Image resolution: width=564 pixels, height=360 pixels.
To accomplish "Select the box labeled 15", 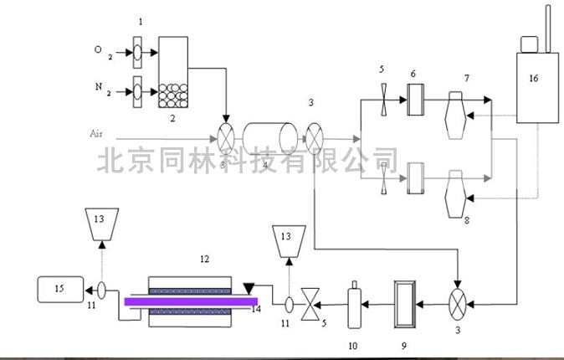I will coord(59,291).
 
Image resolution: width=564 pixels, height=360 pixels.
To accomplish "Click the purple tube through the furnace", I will coord(192,301).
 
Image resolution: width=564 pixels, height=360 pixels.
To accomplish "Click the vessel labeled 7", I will coord(461,109).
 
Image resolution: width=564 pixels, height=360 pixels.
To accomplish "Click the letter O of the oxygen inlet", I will coord(99,50).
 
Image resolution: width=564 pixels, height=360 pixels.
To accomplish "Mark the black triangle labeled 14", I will coord(249,289).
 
